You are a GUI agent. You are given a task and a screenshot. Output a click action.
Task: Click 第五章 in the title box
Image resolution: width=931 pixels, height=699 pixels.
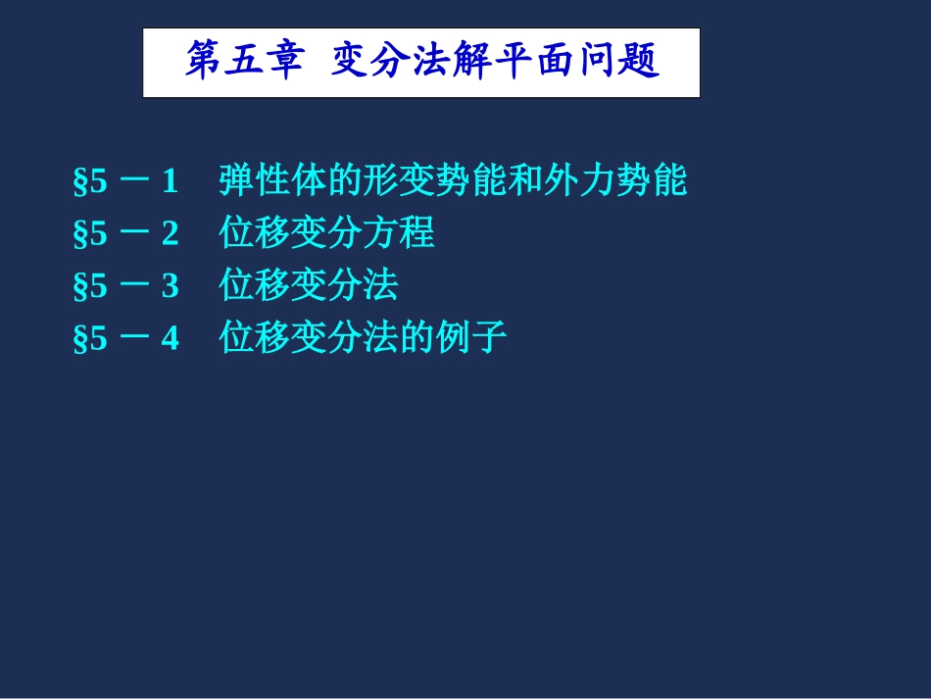point(244,62)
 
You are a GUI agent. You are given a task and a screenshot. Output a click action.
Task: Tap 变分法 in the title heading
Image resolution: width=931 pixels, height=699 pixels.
point(391,62)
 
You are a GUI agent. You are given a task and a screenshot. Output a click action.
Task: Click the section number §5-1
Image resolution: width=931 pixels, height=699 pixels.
point(126,181)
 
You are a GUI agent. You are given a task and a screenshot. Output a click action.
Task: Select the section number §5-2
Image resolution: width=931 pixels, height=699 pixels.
point(126,234)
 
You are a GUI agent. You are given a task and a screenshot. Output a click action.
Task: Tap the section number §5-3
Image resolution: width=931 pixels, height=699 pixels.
point(126,287)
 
